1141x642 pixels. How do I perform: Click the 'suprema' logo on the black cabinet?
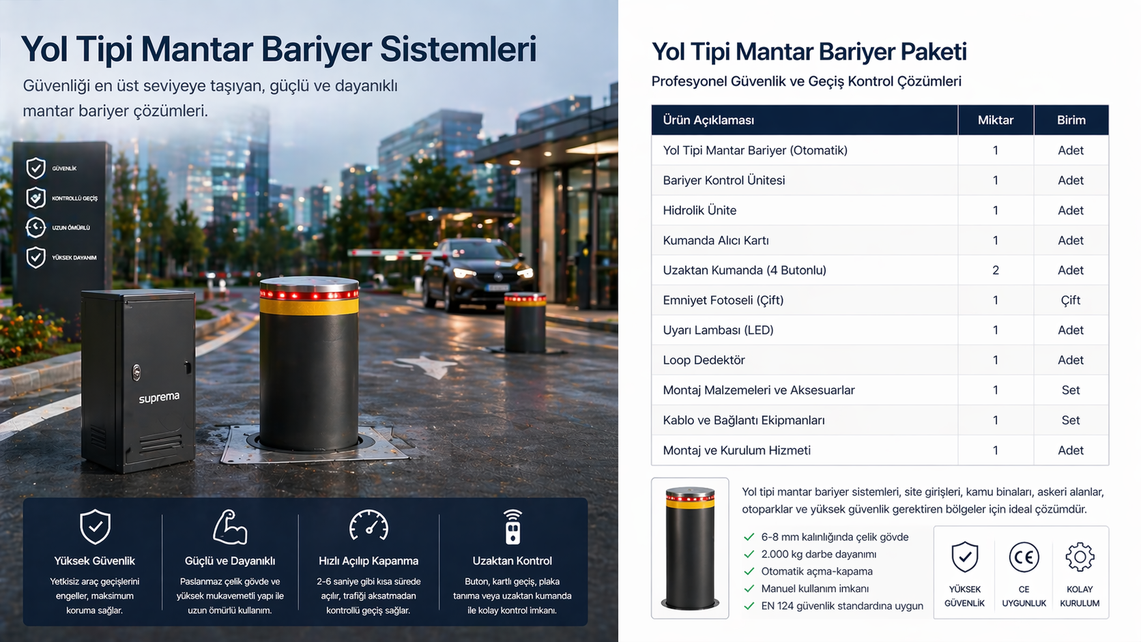click(x=159, y=397)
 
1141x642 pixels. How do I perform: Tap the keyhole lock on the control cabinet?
click(x=136, y=372)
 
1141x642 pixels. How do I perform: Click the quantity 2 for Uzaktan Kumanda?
click(x=996, y=270)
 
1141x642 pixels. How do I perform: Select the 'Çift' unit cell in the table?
click(x=1070, y=300)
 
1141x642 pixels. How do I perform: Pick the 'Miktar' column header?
click(x=996, y=120)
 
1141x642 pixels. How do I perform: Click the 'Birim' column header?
click(x=1071, y=120)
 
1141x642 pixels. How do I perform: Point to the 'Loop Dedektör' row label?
click(x=704, y=360)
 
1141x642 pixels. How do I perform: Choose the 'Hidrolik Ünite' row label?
click(x=699, y=210)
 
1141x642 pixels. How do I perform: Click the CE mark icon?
click(x=1024, y=557)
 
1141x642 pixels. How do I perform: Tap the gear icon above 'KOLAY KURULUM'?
click(x=1080, y=557)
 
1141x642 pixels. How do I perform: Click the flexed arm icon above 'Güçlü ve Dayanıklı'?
click(x=230, y=527)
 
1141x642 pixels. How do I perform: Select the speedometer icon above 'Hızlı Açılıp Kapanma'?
click(x=369, y=525)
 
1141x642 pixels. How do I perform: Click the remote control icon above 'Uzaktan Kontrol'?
click(x=512, y=527)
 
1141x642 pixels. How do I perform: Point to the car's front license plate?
click(x=497, y=288)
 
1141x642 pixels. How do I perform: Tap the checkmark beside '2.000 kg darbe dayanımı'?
click(x=749, y=555)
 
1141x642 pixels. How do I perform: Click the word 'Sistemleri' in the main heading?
click(x=458, y=49)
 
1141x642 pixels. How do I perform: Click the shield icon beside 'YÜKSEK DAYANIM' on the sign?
click(x=35, y=257)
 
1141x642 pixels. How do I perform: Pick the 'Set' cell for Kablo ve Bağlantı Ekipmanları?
click(x=1070, y=420)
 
